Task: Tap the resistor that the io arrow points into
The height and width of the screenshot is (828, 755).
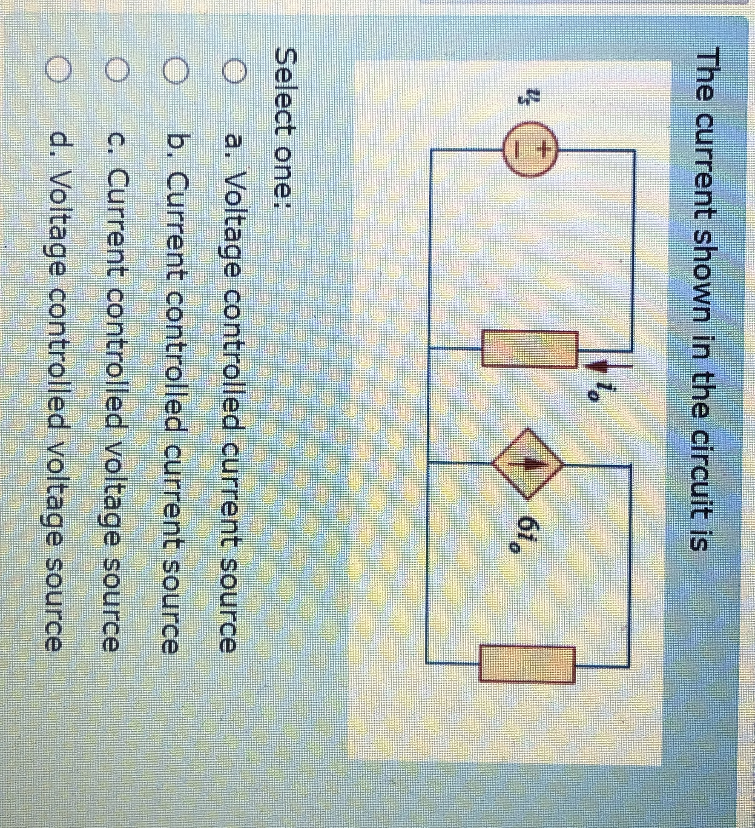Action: (x=530, y=348)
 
